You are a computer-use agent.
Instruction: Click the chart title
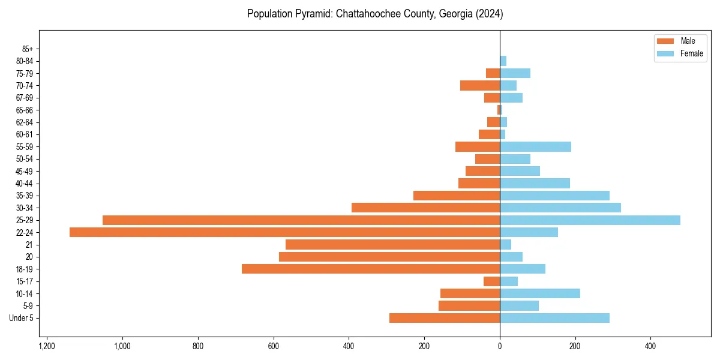[375, 14]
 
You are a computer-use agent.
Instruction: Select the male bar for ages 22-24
[284, 232]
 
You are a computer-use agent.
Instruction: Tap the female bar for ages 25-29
[590, 220]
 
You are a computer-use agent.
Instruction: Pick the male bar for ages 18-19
[371, 269]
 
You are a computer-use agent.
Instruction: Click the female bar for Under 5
[554, 318]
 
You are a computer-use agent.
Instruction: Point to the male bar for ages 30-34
[425, 208]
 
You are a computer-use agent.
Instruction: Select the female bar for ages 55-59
[535, 147]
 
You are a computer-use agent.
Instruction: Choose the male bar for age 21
[392, 245]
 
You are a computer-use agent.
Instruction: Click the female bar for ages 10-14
[540, 293]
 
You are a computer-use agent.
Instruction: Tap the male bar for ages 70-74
[480, 86]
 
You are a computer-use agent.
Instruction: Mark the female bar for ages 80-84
[503, 61]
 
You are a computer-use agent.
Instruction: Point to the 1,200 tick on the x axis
[47, 346]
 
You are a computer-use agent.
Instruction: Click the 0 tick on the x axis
[500, 346]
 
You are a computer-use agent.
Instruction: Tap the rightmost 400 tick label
[650, 346]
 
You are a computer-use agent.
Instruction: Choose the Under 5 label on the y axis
[21, 318]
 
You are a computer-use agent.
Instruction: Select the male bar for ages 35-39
[457, 196]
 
